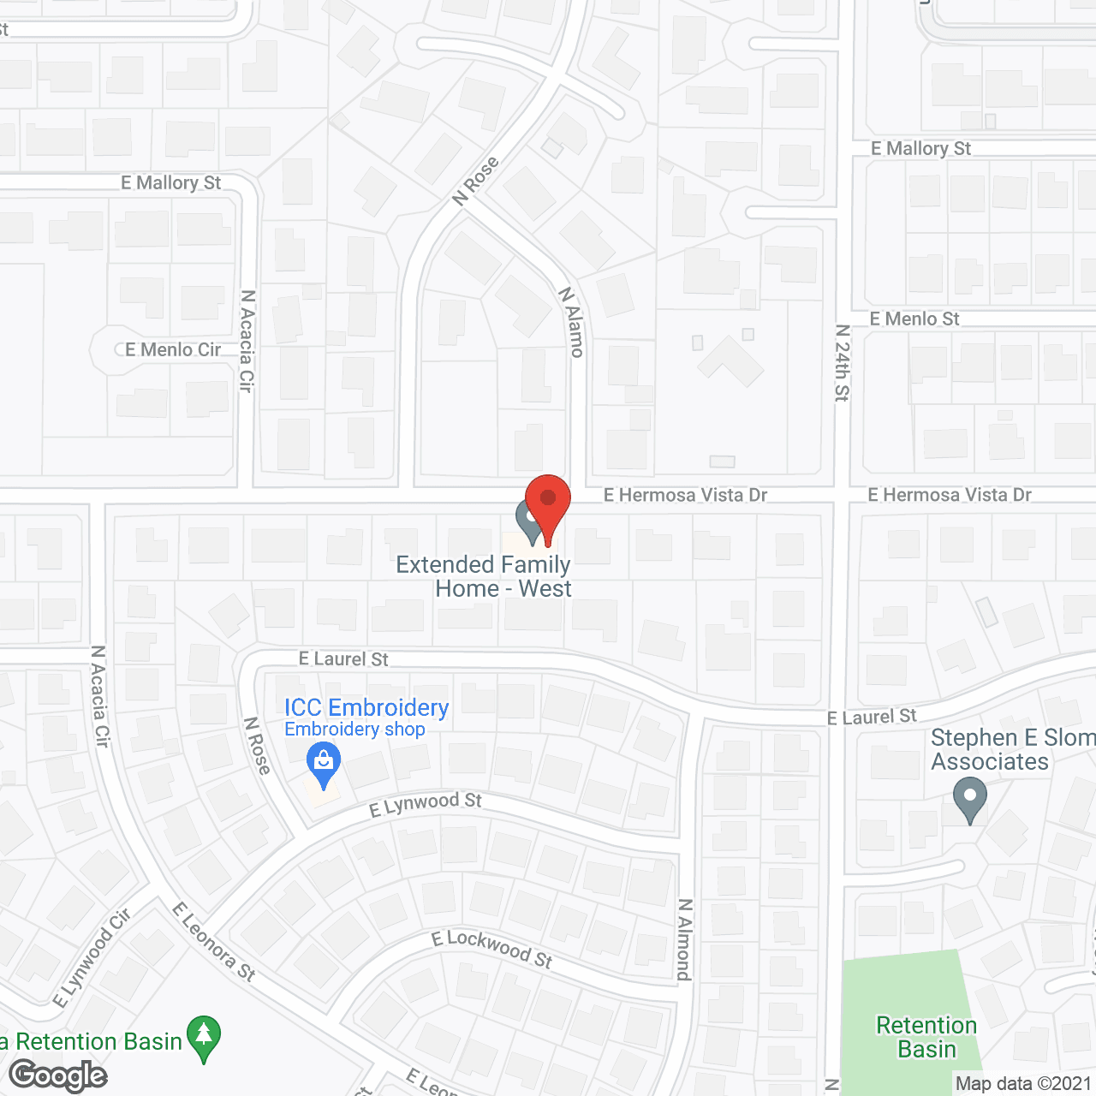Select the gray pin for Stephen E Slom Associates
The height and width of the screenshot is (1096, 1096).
click(969, 798)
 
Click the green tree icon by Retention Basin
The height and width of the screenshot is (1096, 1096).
click(204, 1036)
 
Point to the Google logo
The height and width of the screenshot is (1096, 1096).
click(58, 1075)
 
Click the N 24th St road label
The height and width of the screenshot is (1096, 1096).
click(843, 362)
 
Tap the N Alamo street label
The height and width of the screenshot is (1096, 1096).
click(572, 322)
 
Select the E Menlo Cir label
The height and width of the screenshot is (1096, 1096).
click(173, 349)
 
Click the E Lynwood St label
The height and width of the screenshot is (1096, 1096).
click(426, 805)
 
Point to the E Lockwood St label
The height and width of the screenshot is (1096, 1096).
click(491, 949)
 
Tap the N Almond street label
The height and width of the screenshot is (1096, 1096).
click(684, 939)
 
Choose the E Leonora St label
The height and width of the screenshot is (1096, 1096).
click(214, 941)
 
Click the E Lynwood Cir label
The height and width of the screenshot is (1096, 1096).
click(91, 958)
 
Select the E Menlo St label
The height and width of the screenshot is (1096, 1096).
click(914, 319)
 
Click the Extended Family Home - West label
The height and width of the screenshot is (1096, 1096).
click(484, 576)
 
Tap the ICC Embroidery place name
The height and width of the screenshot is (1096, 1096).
click(366, 707)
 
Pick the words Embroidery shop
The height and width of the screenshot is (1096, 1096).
click(354, 730)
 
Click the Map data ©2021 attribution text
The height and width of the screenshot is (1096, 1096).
click(1023, 1083)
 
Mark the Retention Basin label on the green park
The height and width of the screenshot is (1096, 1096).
click(926, 1037)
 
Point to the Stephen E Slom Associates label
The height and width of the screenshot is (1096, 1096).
click(1010, 749)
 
